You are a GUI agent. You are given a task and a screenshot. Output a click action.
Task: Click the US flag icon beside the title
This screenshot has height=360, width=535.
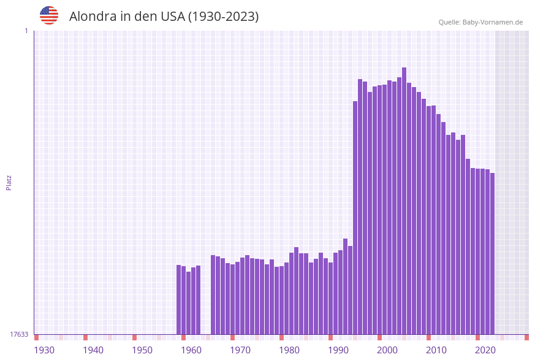coord(49,15)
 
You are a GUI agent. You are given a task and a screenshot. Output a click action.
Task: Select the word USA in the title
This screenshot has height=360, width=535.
coord(172,17)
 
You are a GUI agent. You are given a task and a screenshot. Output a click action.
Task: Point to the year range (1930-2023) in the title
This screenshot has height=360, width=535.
coord(223,17)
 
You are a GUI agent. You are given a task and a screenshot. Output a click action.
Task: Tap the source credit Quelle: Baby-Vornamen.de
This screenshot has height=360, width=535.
coord(480,22)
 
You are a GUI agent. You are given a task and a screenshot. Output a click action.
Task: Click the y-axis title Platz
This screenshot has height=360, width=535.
coord(9,182)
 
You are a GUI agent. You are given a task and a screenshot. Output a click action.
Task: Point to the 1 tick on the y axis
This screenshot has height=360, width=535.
coord(26,31)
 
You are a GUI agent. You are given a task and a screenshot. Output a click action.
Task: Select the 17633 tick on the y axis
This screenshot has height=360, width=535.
coord(19,334)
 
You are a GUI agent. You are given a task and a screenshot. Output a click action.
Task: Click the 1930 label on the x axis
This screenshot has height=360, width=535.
coord(44,350)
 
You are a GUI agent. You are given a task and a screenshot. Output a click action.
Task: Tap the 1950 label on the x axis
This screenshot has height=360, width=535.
coord(142,350)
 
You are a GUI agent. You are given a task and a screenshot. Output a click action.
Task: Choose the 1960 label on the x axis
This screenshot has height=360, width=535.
coord(191,350)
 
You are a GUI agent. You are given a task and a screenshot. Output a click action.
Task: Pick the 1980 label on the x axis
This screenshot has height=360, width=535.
coord(289,350)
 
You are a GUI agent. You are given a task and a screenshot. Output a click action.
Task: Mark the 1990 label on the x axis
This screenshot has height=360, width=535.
coord(338,350)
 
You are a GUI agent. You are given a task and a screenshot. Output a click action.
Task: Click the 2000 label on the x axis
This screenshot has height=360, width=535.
coord(387,350)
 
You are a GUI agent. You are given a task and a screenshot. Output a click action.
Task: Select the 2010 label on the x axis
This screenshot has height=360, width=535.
coord(436,350)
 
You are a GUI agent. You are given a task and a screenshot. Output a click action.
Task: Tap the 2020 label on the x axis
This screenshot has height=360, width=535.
coord(485,350)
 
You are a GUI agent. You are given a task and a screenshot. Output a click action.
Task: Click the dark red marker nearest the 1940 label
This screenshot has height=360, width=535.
coord(86,337)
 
